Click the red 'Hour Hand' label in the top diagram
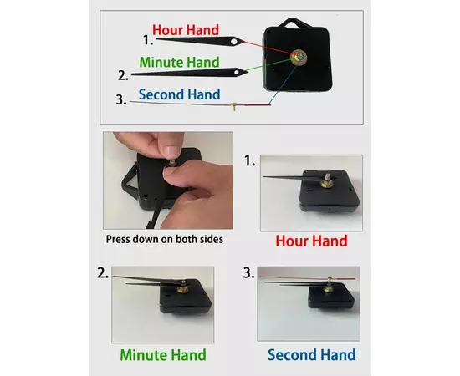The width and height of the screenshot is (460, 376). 186,30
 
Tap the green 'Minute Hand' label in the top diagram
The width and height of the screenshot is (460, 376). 179,62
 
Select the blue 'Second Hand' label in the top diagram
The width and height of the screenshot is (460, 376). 179,94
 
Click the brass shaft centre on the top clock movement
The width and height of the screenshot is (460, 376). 298,57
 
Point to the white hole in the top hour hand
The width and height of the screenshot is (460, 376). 234,42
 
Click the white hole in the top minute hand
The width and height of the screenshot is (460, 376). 237,72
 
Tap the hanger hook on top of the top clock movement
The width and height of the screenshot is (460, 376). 292,23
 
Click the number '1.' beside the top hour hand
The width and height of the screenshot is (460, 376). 148,40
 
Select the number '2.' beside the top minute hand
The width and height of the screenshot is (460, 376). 123,75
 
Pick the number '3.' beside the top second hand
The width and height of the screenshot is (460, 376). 121,99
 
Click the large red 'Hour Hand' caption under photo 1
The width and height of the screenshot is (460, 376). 311,241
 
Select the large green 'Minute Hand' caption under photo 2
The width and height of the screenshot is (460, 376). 163,355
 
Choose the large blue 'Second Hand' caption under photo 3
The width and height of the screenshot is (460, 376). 312,354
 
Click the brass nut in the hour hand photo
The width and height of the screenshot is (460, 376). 325,184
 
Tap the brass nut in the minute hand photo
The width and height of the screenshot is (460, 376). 182,290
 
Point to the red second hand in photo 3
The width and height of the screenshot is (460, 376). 308,277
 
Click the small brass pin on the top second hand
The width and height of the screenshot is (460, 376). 233,106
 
